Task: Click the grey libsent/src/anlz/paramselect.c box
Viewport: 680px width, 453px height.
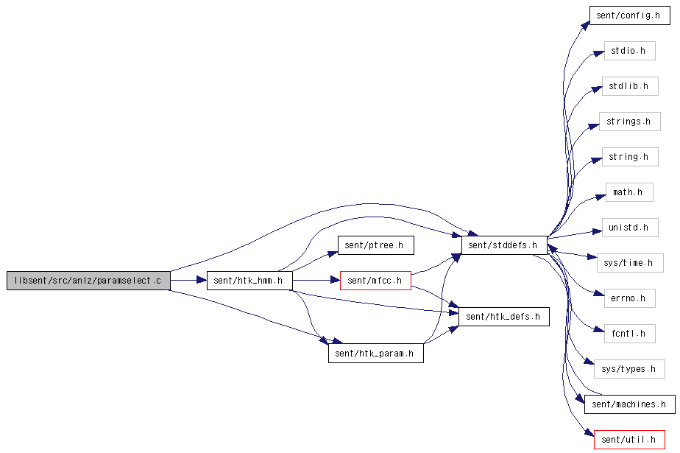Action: (88, 281)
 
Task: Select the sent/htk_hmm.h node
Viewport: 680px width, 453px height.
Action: (249, 281)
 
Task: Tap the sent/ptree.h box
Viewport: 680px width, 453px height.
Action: (375, 245)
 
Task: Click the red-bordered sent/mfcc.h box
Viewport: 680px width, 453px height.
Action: (375, 281)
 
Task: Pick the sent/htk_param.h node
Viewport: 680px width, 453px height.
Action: (375, 354)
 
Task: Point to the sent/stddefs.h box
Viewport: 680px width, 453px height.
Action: (504, 245)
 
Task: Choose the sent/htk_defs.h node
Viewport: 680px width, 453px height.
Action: (504, 317)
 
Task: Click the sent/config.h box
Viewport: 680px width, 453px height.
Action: (630, 15)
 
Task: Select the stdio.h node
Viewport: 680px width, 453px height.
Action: (630, 51)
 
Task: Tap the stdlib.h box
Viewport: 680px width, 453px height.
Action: (630, 86)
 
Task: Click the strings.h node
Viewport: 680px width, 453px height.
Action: (630, 122)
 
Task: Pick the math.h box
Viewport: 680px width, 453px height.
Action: (629, 192)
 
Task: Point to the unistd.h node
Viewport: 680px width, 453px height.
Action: (630, 228)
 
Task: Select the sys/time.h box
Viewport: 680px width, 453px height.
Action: (630, 263)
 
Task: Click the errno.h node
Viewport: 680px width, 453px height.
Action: (630, 298)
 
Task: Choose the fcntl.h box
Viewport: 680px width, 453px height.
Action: (630, 334)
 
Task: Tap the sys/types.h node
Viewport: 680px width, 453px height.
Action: (630, 369)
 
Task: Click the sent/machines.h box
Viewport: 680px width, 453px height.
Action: (630, 404)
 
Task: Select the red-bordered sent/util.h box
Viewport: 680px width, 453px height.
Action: (630, 440)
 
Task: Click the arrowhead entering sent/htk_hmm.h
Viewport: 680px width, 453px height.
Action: (202, 281)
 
